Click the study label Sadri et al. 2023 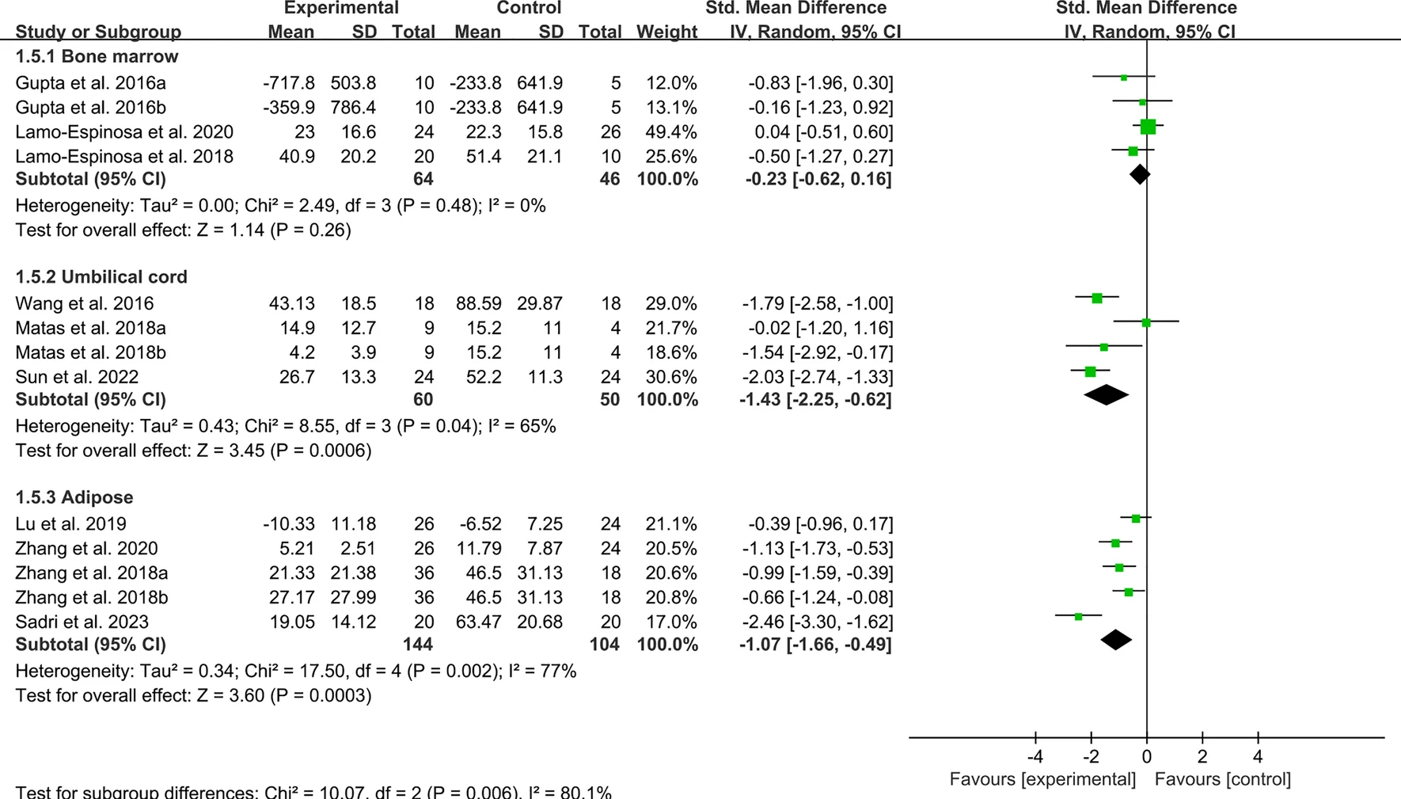click(x=82, y=622)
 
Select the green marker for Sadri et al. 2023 click(x=1078, y=616)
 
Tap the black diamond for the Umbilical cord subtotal click(x=1106, y=394)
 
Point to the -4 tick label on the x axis click(x=1035, y=757)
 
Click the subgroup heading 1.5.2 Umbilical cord click(x=101, y=276)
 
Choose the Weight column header click(x=666, y=32)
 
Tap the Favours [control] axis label click(x=1222, y=779)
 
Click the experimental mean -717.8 click(x=289, y=82)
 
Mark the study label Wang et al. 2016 click(x=85, y=303)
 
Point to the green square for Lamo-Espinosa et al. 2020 click(x=1148, y=127)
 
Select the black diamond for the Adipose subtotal click(x=1116, y=639)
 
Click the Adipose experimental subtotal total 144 click(x=418, y=644)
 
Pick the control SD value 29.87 click(x=540, y=303)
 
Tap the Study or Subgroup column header click(x=98, y=32)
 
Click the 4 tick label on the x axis click(x=1258, y=757)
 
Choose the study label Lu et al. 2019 click(x=70, y=523)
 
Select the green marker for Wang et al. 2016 click(x=1097, y=298)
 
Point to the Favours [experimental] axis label click(x=1042, y=779)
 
